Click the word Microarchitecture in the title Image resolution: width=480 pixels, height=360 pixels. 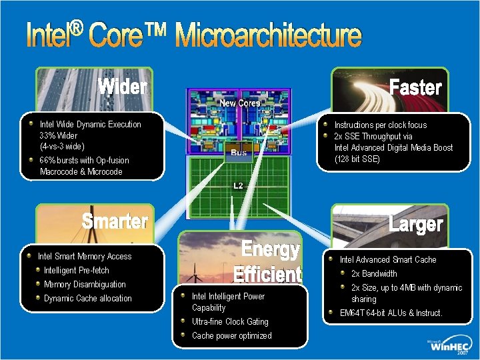[268, 36]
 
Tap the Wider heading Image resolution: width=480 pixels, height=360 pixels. [123, 87]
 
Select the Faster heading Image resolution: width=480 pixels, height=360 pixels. [415, 87]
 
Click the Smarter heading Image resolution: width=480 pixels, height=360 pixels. [115, 221]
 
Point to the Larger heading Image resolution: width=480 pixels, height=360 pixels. [415, 224]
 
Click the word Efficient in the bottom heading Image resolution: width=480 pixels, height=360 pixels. [267, 274]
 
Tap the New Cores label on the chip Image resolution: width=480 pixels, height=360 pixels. [240, 103]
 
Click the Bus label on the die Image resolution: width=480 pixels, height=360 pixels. [239, 153]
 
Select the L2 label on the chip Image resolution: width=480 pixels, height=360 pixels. [238, 185]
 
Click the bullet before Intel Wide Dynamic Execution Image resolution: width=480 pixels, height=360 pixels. [31, 124]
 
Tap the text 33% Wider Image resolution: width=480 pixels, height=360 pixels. [59, 135]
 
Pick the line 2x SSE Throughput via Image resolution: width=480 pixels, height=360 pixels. [373, 136]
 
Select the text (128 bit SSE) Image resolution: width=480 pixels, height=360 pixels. [357, 159]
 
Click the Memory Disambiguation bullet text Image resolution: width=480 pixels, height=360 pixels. [85, 285]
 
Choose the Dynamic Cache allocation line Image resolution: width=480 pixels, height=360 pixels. [88, 299]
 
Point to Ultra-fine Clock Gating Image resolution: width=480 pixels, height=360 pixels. [230, 322]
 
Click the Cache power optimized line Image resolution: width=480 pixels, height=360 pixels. [231, 336]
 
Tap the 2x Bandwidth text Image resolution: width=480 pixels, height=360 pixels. [374, 274]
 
